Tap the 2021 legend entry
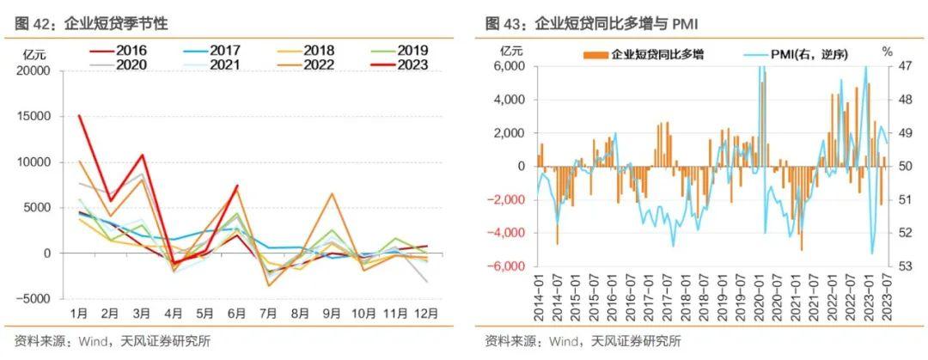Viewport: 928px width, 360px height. [217, 64]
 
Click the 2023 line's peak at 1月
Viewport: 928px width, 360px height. [79, 116]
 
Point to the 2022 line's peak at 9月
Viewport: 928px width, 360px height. [332, 193]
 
